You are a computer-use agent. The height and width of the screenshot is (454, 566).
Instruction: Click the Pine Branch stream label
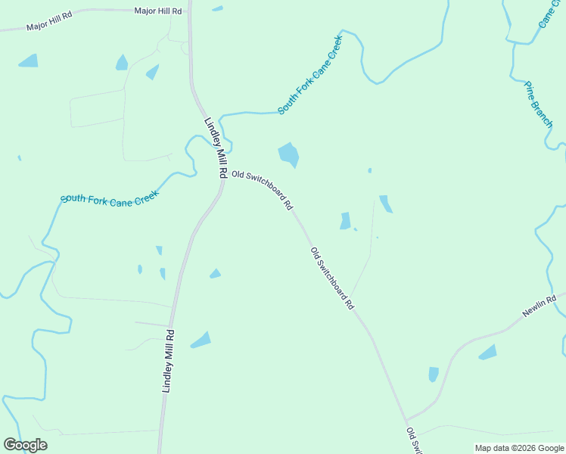coord(539,104)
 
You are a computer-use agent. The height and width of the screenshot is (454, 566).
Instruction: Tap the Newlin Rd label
coord(540,306)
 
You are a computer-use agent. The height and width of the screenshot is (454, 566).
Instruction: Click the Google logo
coord(25,444)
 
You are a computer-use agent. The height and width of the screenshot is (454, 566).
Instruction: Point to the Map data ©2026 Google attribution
coord(520,448)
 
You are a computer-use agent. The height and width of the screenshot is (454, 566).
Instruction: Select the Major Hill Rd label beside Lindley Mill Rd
coord(158,11)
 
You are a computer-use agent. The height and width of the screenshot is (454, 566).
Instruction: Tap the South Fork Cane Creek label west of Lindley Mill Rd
coord(110,200)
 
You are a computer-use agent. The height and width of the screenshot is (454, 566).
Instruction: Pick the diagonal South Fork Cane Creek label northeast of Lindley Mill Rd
coord(310,74)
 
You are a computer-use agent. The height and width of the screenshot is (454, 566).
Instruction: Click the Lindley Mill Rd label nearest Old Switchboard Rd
coord(216,148)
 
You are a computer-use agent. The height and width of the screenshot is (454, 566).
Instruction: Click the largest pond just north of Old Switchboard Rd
coord(288,154)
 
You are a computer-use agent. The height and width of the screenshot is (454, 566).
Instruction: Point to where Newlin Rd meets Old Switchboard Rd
coord(407,421)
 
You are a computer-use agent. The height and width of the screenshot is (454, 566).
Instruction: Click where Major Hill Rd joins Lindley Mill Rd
coord(189,11)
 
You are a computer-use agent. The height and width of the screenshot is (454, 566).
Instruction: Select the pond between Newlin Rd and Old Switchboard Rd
coord(434,374)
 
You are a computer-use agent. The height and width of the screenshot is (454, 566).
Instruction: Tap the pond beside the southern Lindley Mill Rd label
coord(201,340)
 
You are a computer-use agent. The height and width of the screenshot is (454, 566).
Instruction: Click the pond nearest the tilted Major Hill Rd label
coord(28,61)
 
